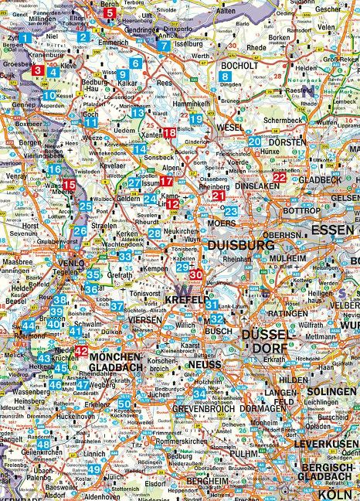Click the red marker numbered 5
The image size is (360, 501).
click(x=110, y=12)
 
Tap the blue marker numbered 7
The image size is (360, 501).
click(x=163, y=46)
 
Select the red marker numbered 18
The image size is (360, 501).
click(x=168, y=133)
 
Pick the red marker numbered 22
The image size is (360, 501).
click(x=280, y=177)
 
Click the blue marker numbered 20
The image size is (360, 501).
click(x=254, y=141)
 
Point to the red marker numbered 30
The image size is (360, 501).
click(x=195, y=274)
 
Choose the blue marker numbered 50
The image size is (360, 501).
click(x=124, y=403)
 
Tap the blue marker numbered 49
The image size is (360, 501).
click(x=93, y=469)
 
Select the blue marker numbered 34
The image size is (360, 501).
click(x=199, y=394)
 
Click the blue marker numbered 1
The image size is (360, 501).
click(x=25, y=37)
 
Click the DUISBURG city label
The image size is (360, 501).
click(x=241, y=245)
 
